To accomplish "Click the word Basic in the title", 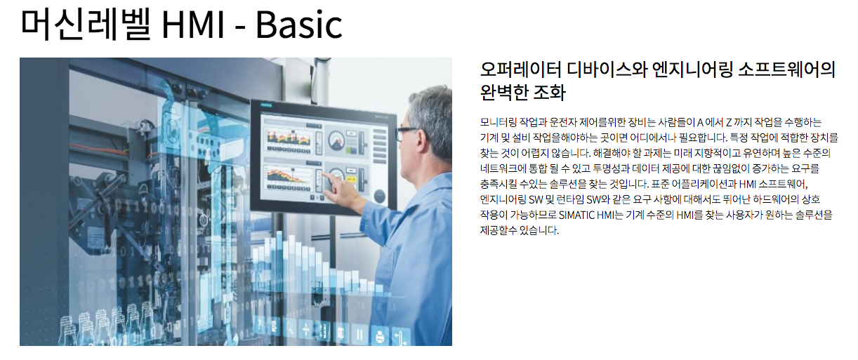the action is (298, 25).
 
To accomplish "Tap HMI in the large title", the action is (192, 25).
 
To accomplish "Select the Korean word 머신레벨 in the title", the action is (86, 24).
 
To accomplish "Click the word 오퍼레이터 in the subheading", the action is (520, 69).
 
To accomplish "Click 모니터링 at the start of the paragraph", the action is (498, 122).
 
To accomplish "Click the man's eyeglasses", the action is (407, 133).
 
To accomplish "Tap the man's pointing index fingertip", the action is (324, 174).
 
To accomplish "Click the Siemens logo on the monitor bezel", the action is (266, 105).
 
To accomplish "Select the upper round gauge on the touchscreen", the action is (337, 140).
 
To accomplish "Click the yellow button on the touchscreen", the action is (350, 179).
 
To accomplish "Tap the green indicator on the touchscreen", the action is (350, 150).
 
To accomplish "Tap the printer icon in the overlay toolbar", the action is (380, 336).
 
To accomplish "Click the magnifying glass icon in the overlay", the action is (289, 328).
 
